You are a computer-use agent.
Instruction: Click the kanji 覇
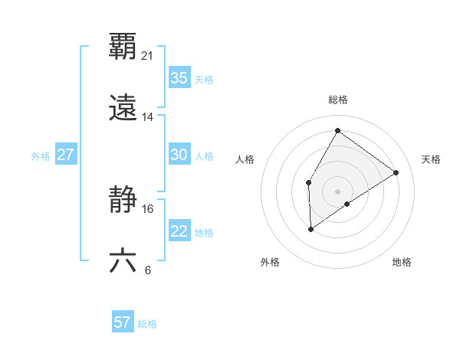tap(123, 47)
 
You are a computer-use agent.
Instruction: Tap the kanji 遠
tap(123, 107)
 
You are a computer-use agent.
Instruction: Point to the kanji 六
tap(123, 261)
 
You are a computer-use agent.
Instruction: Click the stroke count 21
tap(148, 56)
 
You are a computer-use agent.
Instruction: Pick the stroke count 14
tap(148, 117)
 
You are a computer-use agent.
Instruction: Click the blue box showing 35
tap(179, 78)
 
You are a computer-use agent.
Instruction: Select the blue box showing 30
tap(179, 155)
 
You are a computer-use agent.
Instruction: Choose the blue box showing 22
tap(179, 231)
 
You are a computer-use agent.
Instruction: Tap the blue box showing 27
tap(65, 155)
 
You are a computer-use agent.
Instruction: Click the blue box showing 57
tap(122, 322)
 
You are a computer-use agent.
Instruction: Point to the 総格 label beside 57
tap(147, 324)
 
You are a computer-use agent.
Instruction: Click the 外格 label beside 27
tap(41, 156)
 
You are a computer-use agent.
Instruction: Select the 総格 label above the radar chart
tap(337, 100)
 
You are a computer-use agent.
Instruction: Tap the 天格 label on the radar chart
tap(431, 159)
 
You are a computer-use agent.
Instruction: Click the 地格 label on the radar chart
tap(402, 262)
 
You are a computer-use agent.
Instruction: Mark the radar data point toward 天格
tap(396, 172)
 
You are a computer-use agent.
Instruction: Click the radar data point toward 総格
tap(337, 130)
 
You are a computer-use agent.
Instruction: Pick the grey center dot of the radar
tap(337, 191)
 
